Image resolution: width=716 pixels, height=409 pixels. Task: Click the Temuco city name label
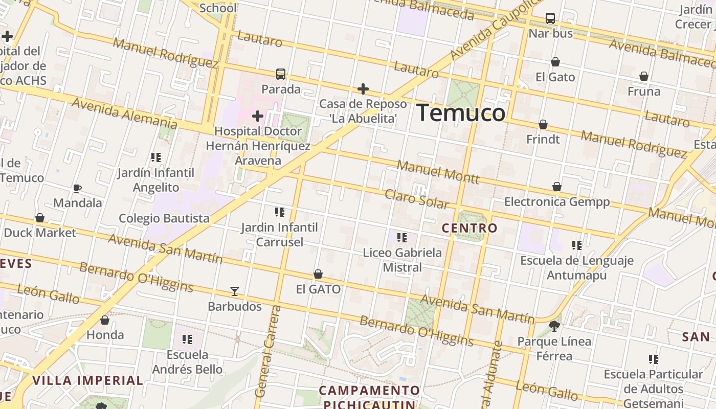pos(461,112)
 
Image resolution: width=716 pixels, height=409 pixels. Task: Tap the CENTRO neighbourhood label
pos(469,228)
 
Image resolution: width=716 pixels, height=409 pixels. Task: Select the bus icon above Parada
pos(281,74)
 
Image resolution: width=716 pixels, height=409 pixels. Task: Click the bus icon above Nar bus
pos(550,18)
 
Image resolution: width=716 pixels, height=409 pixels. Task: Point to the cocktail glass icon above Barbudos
pos(235,291)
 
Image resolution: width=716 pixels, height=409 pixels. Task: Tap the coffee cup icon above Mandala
pos(77,188)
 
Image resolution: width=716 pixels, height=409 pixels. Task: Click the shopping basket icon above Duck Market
pos(40,218)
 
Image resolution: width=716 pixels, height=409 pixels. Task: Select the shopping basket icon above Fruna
pos(644,77)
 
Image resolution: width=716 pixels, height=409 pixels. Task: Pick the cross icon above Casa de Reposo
pos(363,89)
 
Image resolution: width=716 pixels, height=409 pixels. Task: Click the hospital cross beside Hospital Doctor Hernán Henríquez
pos(258,116)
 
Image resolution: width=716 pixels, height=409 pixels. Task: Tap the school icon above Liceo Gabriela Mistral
pos(402,238)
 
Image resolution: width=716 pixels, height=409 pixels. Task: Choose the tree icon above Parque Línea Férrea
pos(554,326)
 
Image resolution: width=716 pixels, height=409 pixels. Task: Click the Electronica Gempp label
pos(557,201)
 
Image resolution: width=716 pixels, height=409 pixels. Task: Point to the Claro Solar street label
pos(416,199)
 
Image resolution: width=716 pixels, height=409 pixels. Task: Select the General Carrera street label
pos(267,352)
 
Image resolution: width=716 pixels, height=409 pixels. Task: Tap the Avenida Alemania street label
pos(124,113)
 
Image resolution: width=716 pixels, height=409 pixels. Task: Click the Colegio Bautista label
pos(164,218)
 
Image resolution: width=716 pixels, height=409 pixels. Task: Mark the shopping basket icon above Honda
pos(105,321)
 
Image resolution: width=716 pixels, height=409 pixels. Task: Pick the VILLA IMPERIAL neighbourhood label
pos(87,380)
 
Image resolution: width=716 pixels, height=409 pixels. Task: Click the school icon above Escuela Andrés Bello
pos(187,339)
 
